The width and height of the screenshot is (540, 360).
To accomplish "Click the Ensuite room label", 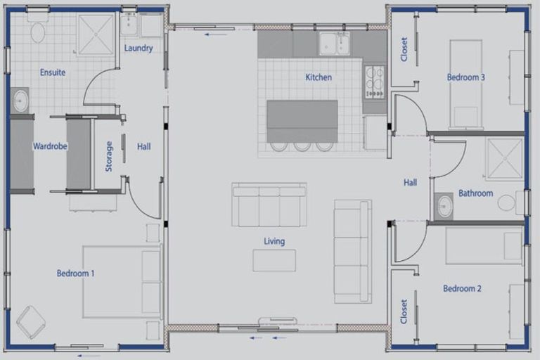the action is [x=53, y=72].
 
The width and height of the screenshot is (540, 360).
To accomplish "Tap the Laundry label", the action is [x=139, y=48].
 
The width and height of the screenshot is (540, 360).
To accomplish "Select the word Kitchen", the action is [x=319, y=77].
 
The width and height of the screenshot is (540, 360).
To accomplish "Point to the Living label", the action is [x=274, y=241].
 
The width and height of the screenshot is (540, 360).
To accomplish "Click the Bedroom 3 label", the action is [x=465, y=77].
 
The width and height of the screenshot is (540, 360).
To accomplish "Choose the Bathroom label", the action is [x=475, y=193].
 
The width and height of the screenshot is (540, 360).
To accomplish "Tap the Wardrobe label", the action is [x=50, y=146].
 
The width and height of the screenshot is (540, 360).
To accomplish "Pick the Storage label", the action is [x=109, y=156].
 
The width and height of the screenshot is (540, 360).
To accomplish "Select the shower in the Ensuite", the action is [x=96, y=34].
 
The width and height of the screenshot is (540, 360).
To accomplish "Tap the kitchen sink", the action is [x=334, y=44].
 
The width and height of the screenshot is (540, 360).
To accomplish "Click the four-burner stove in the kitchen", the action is [x=375, y=82].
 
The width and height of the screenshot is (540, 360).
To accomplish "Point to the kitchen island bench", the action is [x=302, y=121].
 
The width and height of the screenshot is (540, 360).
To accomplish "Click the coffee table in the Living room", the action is [x=274, y=261].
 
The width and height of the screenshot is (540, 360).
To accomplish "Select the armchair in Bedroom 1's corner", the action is [x=31, y=322].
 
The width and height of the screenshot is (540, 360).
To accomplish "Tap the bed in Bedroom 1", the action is [x=122, y=282].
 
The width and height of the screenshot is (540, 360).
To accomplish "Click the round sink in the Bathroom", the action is [x=444, y=206].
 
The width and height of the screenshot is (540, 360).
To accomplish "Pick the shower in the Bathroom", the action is [x=505, y=158].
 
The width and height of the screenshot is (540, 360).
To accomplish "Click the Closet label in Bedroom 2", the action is [x=404, y=311].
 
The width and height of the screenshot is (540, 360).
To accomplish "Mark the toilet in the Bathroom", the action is [x=510, y=202].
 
